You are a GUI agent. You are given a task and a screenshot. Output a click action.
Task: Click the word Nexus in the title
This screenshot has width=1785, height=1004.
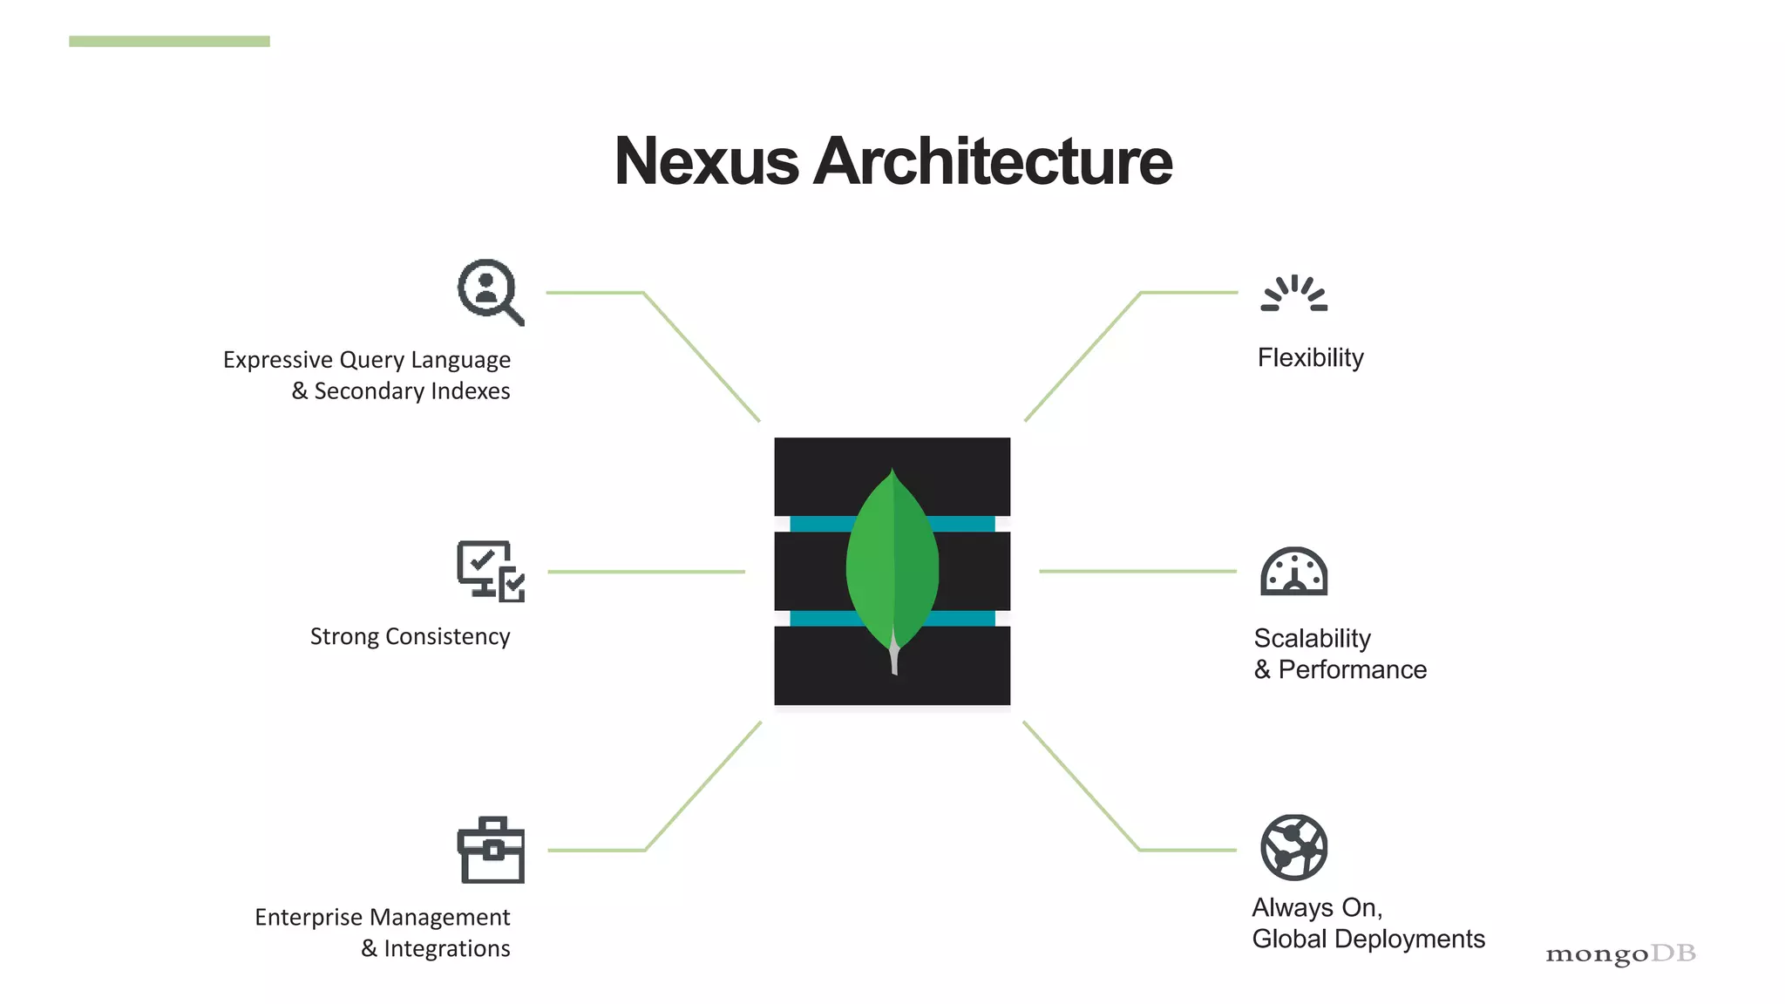pyautogui.click(x=706, y=162)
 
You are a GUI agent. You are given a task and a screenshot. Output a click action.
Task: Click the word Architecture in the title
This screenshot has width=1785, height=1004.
pyautogui.click(x=993, y=162)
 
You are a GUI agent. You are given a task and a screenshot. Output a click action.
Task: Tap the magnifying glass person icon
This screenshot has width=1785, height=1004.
pyautogui.click(x=490, y=292)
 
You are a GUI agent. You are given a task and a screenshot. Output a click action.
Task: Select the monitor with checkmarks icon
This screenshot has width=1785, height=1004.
pyautogui.click(x=491, y=571)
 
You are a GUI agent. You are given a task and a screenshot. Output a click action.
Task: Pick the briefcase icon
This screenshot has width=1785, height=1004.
pyautogui.click(x=491, y=850)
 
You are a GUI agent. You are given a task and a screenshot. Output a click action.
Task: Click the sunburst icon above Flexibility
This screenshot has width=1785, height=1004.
pyautogui.click(x=1294, y=294)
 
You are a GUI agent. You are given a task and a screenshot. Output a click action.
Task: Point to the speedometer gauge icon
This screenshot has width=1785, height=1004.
pyautogui.click(x=1294, y=572)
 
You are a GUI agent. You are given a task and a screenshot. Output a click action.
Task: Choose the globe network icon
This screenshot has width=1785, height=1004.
pyautogui.click(x=1294, y=847)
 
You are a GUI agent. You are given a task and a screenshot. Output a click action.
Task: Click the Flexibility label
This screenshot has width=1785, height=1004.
pyautogui.click(x=1310, y=358)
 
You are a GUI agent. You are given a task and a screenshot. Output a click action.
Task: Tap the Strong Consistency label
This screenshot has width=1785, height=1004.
pyautogui.click(x=410, y=637)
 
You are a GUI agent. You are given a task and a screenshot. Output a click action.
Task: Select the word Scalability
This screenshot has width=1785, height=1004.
pyautogui.click(x=1312, y=639)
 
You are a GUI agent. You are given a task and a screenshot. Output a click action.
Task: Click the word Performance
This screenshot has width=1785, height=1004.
pyautogui.click(x=1352, y=670)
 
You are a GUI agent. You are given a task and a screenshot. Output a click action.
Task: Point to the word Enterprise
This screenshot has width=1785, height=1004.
pyautogui.click(x=308, y=918)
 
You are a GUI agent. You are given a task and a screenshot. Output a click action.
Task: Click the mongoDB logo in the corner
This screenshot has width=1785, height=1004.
pyautogui.click(x=1620, y=954)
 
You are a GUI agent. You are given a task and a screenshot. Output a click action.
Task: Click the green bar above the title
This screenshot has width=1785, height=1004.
pyautogui.click(x=169, y=41)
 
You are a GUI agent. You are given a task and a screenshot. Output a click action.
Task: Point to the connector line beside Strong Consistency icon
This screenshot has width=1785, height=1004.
pyautogui.click(x=646, y=572)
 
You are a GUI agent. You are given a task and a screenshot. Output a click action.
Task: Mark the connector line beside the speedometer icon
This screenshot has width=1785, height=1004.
pyautogui.click(x=1137, y=572)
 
